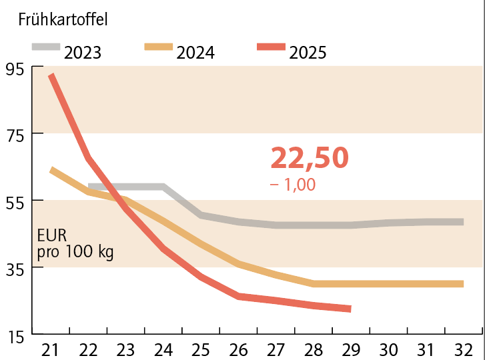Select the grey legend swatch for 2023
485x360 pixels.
coord(46,47)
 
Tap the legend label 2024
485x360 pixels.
coord(195,52)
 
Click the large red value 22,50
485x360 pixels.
coord(310,158)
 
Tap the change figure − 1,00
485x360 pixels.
coord(293,185)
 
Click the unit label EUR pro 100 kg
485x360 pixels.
coord(75,244)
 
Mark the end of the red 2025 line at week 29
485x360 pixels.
coord(350,309)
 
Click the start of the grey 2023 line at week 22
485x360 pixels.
coord(90,187)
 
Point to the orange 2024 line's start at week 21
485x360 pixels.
coord(52,170)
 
